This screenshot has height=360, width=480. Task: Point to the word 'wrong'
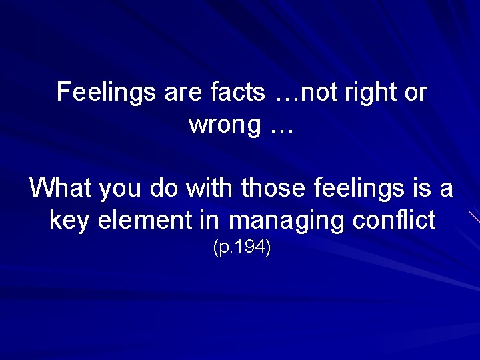tap(224, 125)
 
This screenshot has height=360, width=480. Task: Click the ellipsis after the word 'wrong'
tap(282, 126)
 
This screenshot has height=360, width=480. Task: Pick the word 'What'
tap(61, 188)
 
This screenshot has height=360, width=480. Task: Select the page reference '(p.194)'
tap(241, 248)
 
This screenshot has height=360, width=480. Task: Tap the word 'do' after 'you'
tap(164, 188)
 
